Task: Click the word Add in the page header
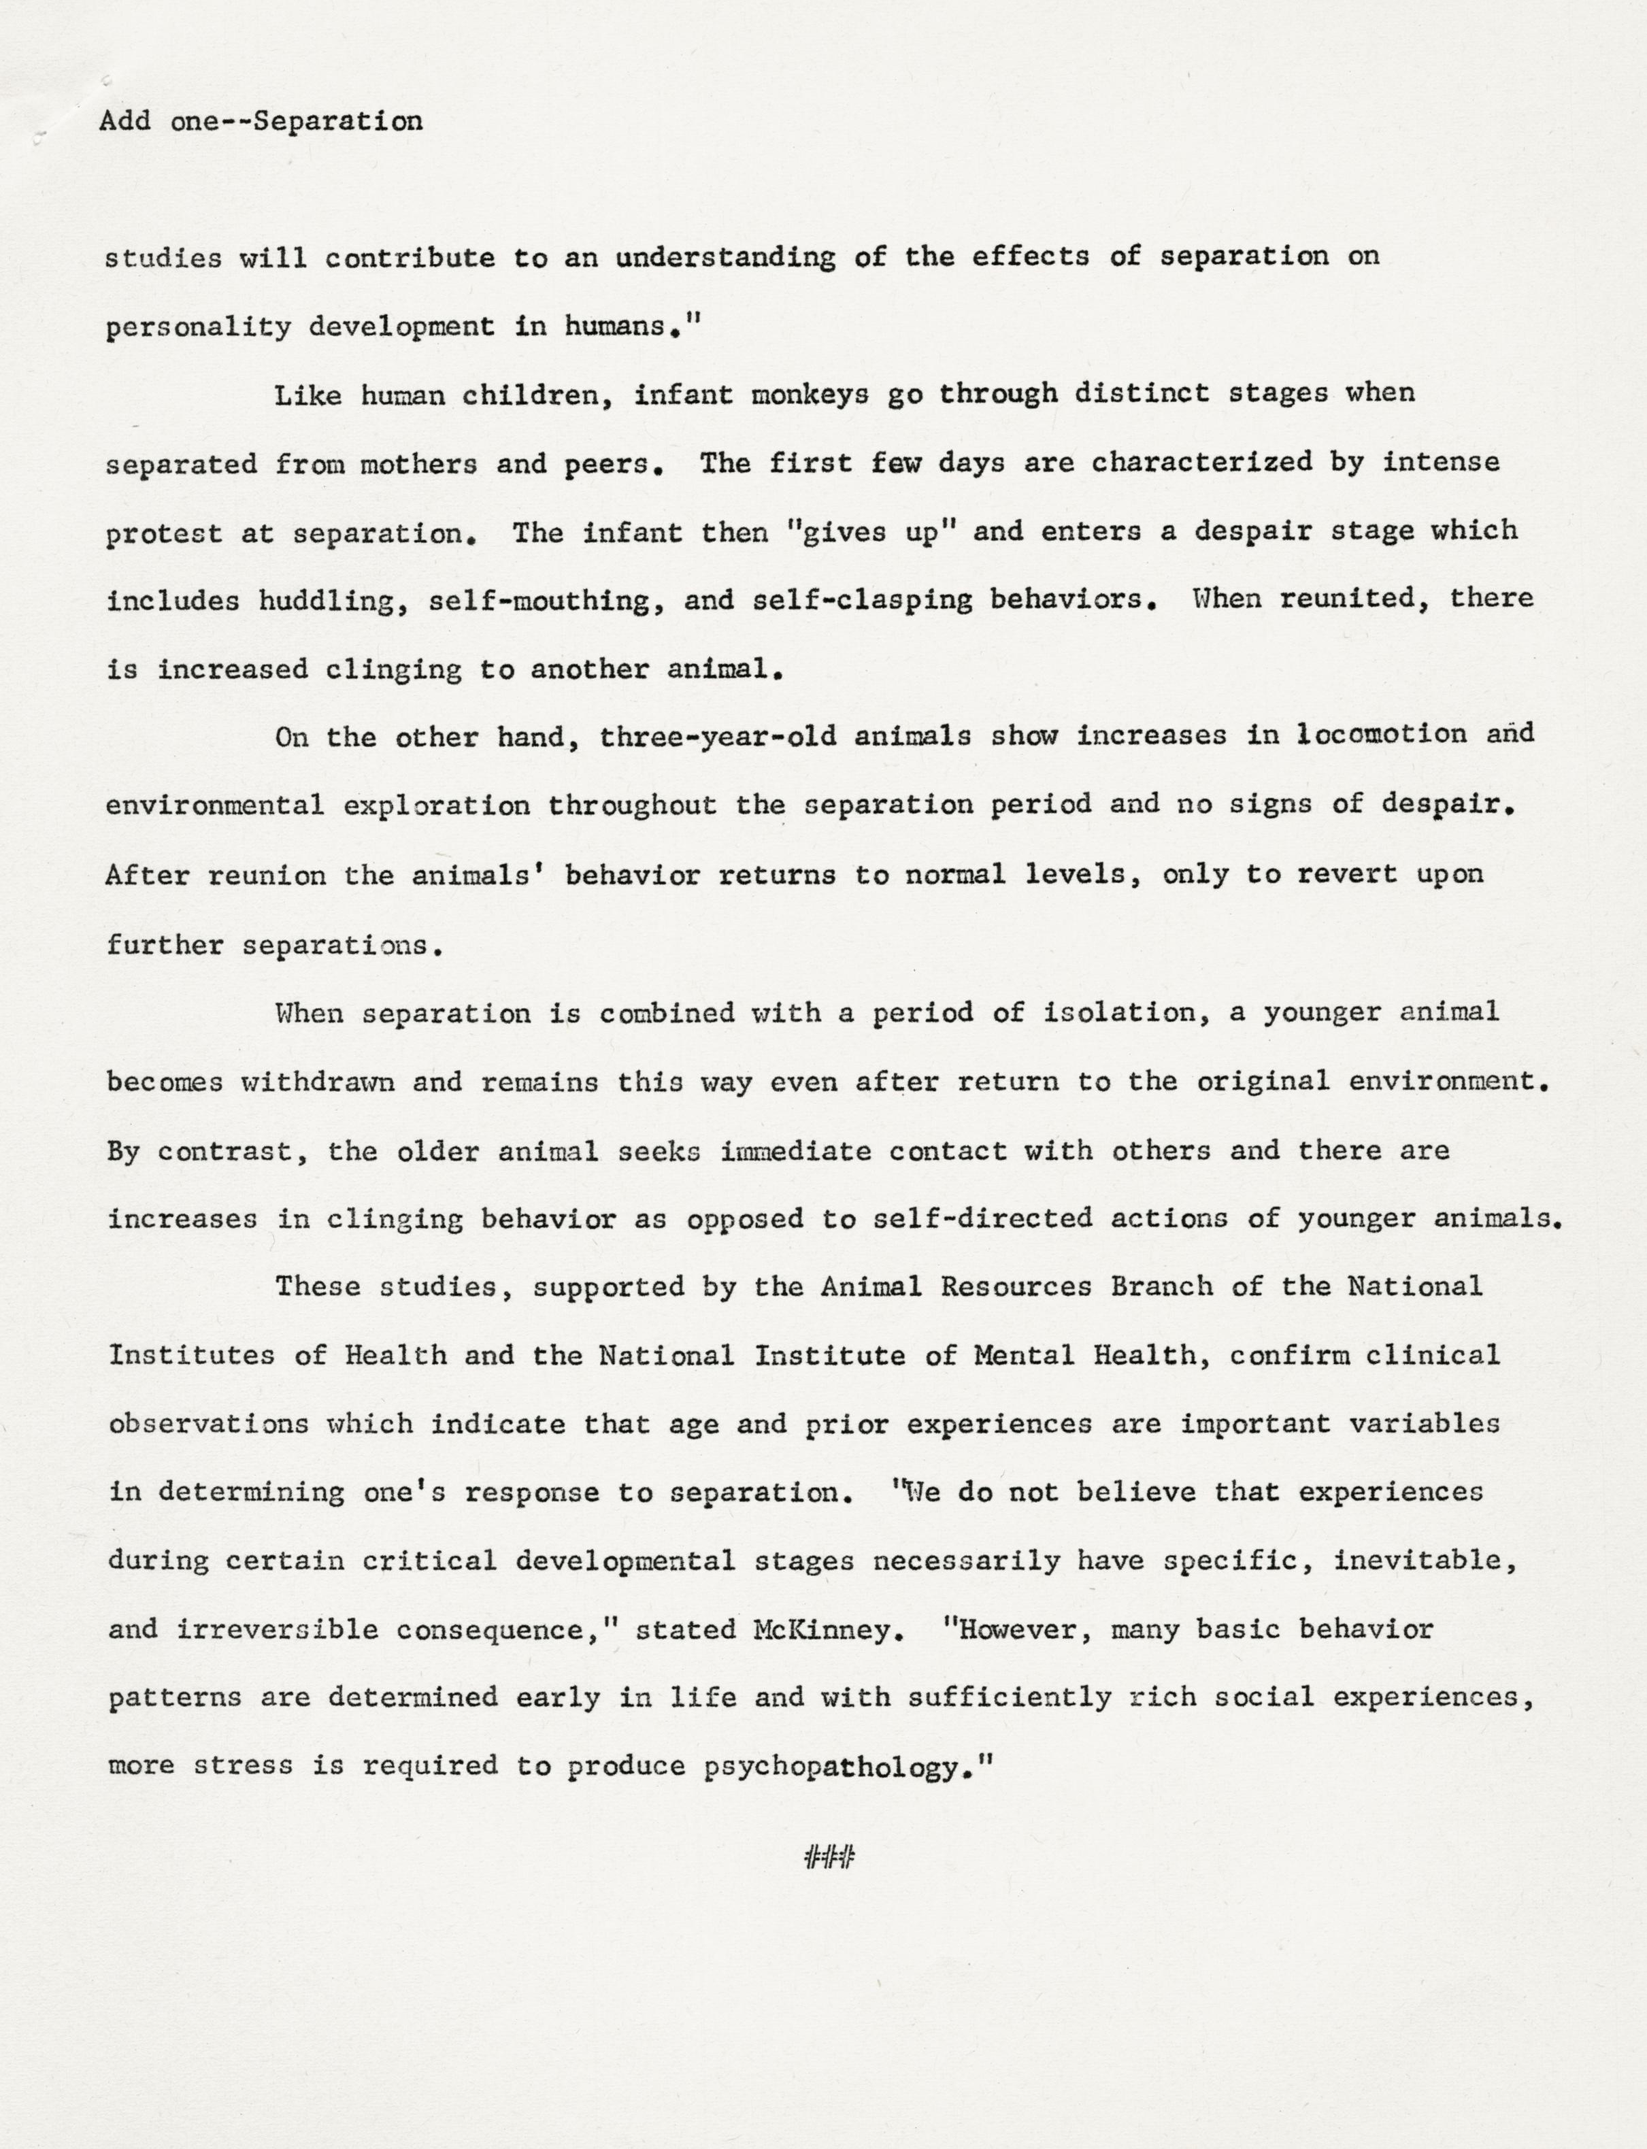pos(124,120)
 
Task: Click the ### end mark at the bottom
pos(829,1855)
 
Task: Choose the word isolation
pos(1127,1013)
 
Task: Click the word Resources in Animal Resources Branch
pos(1016,1286)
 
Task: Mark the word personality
pos(198,327)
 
